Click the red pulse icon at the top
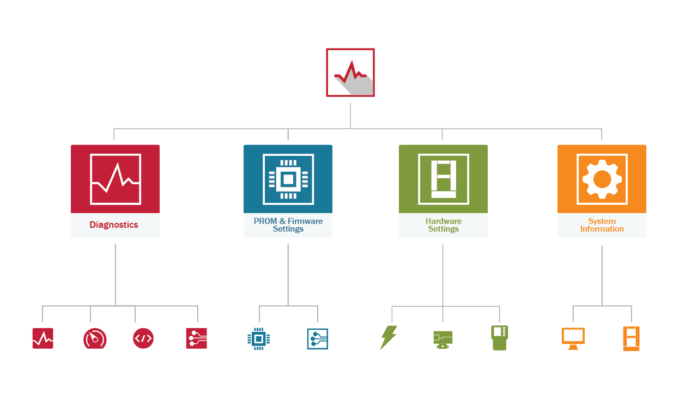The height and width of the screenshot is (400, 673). click(x=350, y=72)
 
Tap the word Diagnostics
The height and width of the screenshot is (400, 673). click(x=114, y=225)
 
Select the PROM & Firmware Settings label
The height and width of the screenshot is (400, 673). click(x=288, y=225)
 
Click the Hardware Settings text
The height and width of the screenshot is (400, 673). click(x=443, y=225)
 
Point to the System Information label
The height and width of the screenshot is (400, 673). click(x=602, y=225)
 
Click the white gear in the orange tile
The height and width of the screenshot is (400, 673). click(x=602, y=179)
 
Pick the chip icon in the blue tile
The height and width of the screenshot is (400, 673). click(x=288, y=179)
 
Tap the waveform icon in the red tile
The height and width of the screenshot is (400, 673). click(x=115, y=179)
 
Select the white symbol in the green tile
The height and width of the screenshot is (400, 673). click(x=443, y=179)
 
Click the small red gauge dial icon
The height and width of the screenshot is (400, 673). click(x=95, y=338)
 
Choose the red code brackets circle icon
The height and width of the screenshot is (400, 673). click(x=143, y=338)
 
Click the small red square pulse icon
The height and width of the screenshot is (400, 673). click(x=43, y=338)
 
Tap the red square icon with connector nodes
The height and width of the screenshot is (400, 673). click(x=196, y=338)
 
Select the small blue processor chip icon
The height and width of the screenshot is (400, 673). click(x=258, y=338)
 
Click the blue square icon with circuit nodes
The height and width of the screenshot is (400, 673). click(x=317, y=338)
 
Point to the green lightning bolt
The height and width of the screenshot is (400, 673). click(x=388, y=337)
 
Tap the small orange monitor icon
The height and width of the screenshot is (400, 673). click(x=573, y=338)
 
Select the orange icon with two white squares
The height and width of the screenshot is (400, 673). click(x=631, y=338)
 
